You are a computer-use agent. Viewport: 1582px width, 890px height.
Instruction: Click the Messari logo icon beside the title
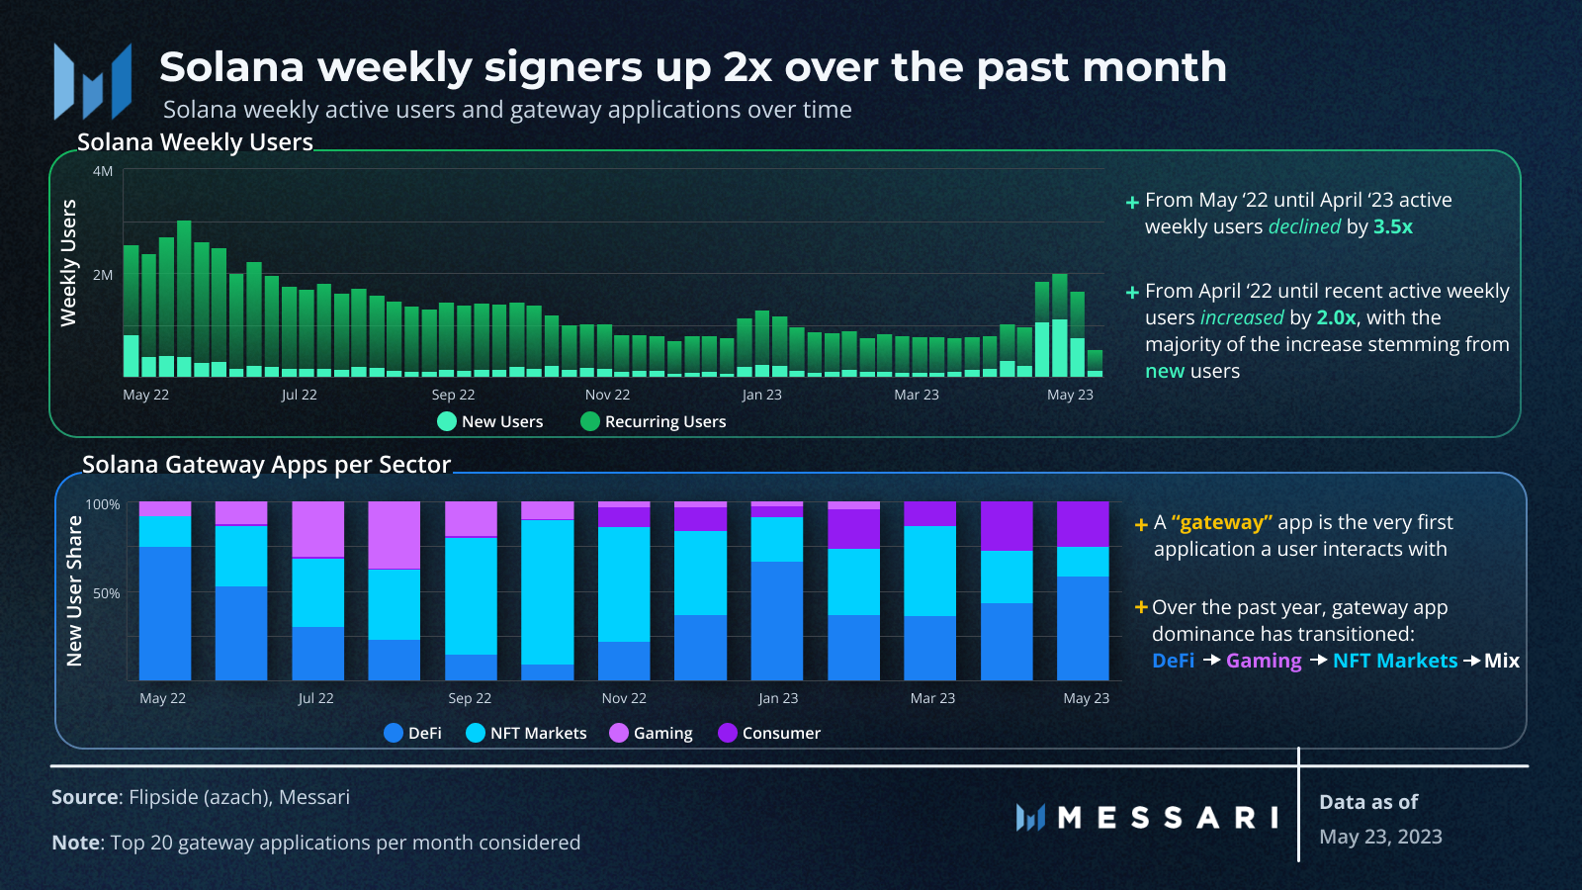pos(92,81)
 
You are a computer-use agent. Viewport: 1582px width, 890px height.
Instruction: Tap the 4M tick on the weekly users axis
pos(103,171)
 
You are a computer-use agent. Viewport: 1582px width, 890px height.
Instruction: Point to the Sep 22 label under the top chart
pos(453,395)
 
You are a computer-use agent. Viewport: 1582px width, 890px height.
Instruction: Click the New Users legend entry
pos(490,421)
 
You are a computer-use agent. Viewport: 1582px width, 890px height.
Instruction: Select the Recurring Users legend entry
pos(654,421)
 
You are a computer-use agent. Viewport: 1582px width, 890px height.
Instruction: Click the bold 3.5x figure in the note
pos(1392,226)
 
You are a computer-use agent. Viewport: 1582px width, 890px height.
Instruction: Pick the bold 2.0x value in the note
pos(1335,317)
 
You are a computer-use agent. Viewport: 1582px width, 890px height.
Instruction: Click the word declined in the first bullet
pos(1304,226)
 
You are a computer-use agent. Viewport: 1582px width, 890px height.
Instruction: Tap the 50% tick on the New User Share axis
pos(106,593)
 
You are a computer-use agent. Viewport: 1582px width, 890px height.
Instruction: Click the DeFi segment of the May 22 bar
pos(164,613)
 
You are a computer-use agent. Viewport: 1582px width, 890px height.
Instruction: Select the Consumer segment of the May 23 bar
pos(1083,523)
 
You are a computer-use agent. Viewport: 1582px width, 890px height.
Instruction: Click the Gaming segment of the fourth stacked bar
pos(394,534)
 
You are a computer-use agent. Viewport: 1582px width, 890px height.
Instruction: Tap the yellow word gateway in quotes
pos(1222,522)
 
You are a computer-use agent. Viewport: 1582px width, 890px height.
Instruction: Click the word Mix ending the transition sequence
pos(1501,661)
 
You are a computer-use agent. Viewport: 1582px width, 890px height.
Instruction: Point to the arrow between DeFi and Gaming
pos(1211,660)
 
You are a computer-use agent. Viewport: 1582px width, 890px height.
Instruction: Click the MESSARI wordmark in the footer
pos(1167,818)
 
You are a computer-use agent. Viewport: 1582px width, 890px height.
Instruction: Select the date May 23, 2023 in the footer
pos(1380,837)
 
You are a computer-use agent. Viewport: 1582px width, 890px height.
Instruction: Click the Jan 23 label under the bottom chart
pos(778,698)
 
